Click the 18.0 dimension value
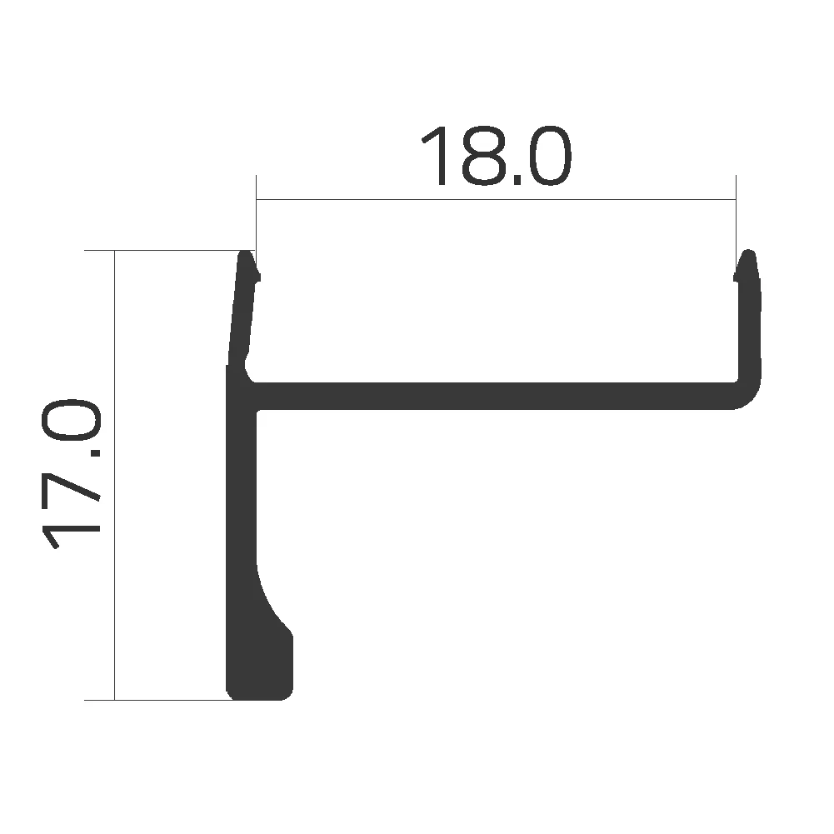pos(497,156)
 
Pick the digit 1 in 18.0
pos(439,156)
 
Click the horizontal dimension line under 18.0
pos(497,200)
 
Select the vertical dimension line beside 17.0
pos(114,475)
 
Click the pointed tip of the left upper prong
pos(247,253)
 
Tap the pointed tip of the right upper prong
pos(749,253)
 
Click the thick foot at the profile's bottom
pos(261,667)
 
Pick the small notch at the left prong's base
pos(247,364)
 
